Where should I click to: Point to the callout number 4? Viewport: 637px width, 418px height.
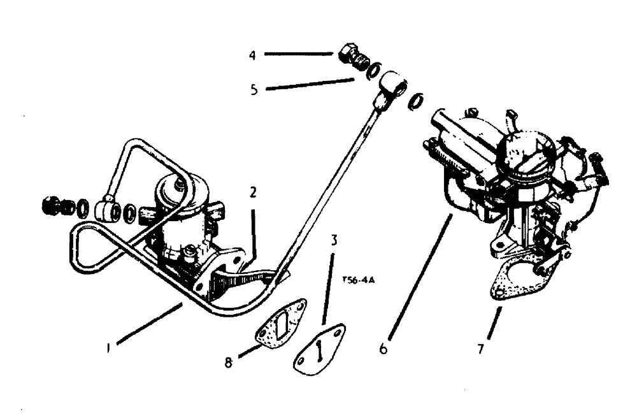(x=252, y=55)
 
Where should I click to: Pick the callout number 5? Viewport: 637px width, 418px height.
(x=254, y=90)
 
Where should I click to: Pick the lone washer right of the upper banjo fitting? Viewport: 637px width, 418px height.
(x=417, y=100)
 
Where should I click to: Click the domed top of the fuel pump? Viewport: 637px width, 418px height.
(x=175, y=187)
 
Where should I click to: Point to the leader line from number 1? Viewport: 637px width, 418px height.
(x=148, y=326)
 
